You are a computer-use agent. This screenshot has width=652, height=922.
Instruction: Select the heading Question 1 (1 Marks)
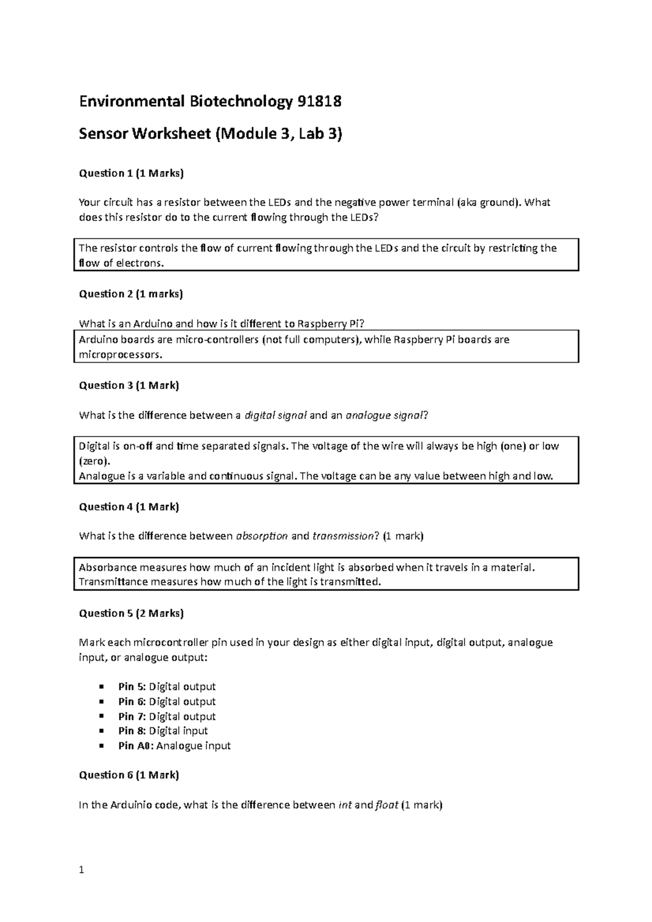click(131, 173)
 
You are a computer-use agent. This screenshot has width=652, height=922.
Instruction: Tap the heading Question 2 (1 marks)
click(131, 294)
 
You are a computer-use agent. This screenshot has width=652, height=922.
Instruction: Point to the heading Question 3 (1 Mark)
click(129, 385)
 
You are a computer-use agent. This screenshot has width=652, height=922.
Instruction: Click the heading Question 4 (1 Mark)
click(129, 507)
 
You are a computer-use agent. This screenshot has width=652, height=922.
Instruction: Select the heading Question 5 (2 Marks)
click(131, 613)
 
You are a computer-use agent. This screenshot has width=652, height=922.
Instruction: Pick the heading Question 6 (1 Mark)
click(129, 775)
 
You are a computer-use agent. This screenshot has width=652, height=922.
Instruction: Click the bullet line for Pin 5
click(167, 686)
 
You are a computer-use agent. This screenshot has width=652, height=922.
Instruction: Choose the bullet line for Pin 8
click(163, 731)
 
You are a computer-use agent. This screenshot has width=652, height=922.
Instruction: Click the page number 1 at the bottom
click(81, 870)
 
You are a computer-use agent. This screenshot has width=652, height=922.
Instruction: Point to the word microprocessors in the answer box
click(120, 355)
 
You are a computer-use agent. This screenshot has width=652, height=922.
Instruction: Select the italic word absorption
click(262, 536)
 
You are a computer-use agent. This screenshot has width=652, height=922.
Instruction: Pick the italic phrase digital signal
click(275, 415)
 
